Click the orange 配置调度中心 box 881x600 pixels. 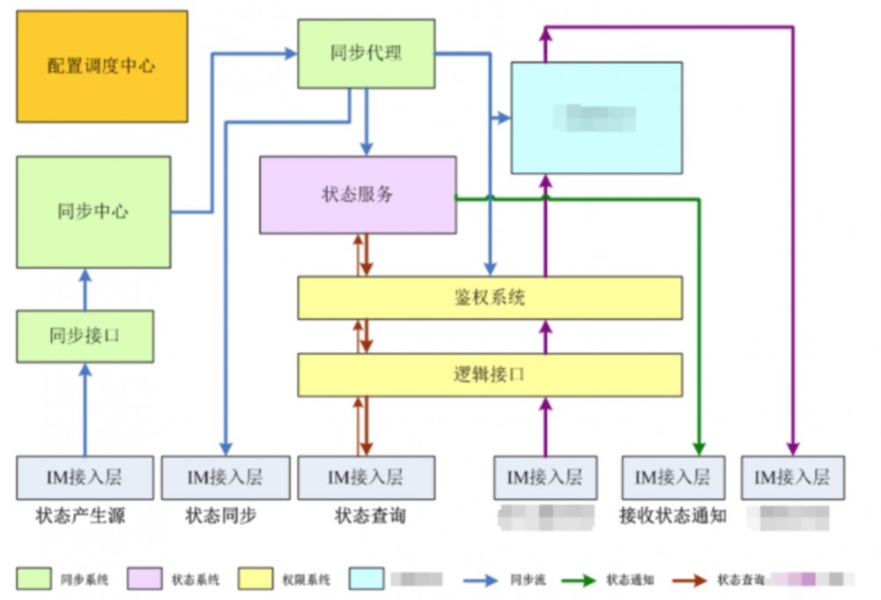coord(102,66)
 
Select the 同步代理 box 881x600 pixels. coord(366,54)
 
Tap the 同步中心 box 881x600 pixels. coord(93,211)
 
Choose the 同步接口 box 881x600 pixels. coord(85,336)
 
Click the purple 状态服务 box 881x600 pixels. coord(358,195)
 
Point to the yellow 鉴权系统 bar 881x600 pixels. coord(490,298)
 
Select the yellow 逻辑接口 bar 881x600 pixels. coord(490,374)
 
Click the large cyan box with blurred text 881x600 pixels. coord(596,117)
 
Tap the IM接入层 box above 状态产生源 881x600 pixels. coord(85,478)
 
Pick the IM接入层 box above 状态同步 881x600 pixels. coord(225,478)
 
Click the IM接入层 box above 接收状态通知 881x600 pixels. coord(673,478)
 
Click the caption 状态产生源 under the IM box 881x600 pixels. coord(80,515)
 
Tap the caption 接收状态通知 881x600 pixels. coord(672,515)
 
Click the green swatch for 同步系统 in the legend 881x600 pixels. coord(33,579)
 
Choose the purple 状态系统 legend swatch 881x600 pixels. coord(145,579)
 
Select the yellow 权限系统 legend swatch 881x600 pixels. coord(256,579)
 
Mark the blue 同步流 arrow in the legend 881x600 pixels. coord(482,580)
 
